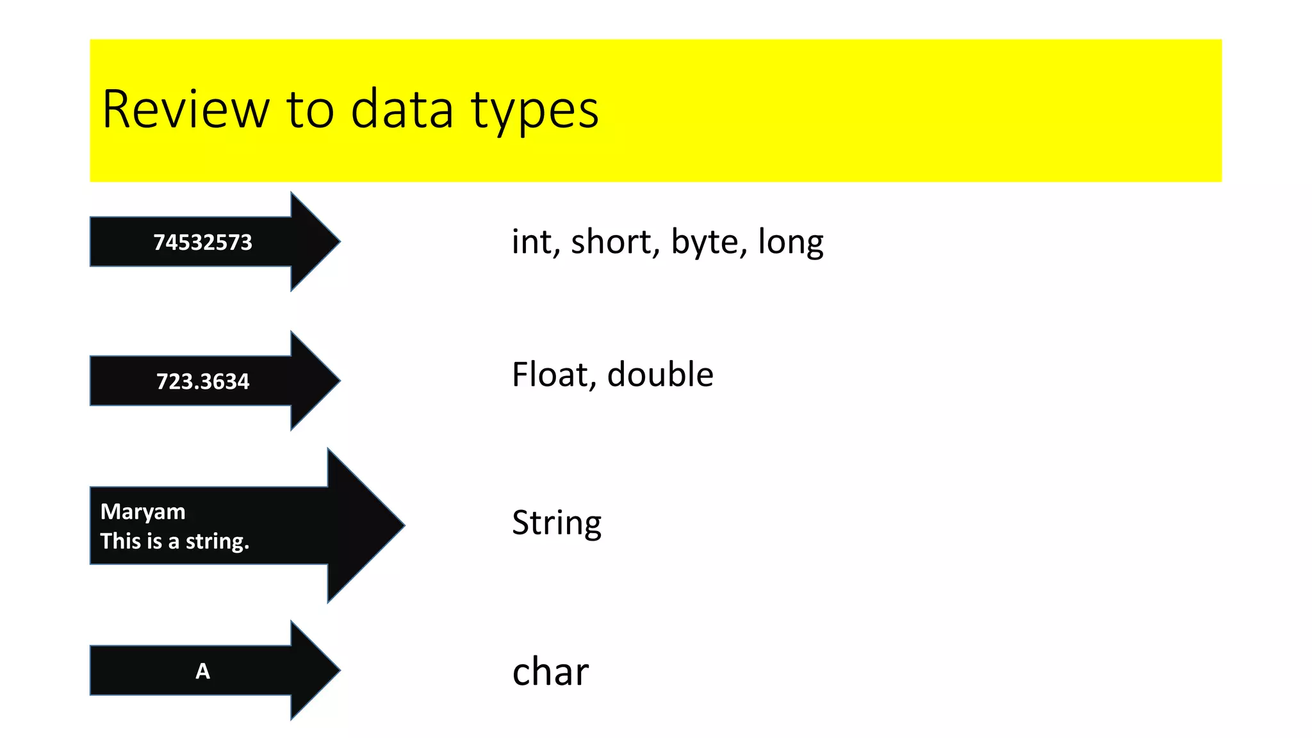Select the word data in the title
pyautogui.click(x=402, y=110)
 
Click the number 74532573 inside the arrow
pyautogui.click(x=202, y=242)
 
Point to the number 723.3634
pyautogui.click(x=202, y=381)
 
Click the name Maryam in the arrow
pyautogui.click(x=143, y=512)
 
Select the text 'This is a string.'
pyautogui.click(x=174, y=541)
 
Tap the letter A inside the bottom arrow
pyautogui.click(x=202, y=671)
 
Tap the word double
pyautogui.click(x=660, y=375)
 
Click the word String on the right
pyautogui.click(x=557, y=523)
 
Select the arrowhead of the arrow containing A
pyautogui.click(x=320, y=670)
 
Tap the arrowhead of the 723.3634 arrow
pyautogui.click(x=320, y=381)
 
